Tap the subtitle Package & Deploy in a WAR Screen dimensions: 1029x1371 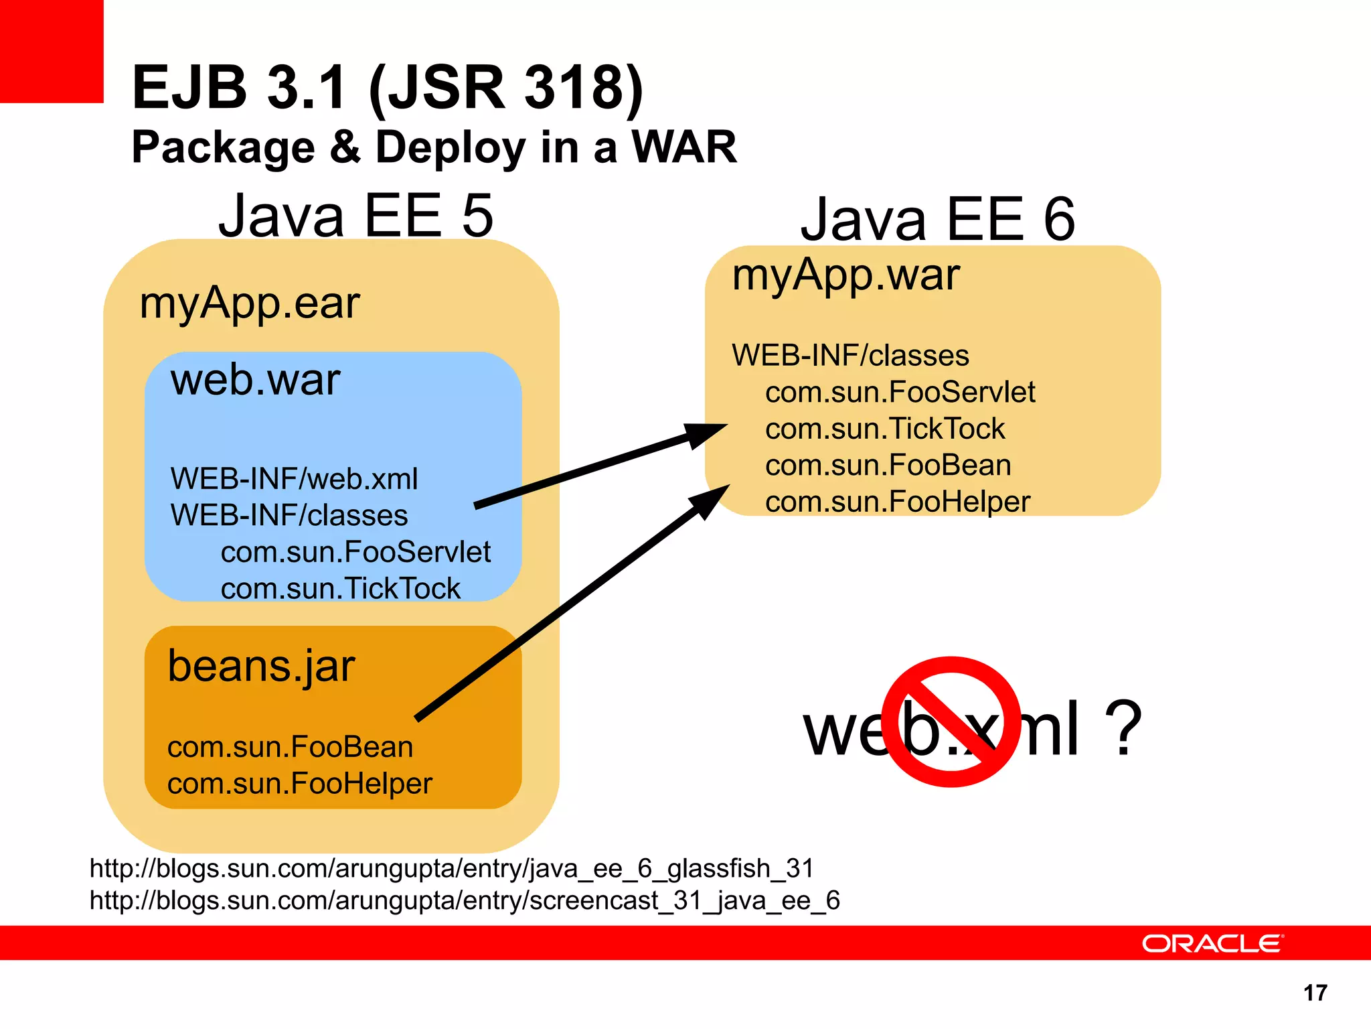click(434, 147)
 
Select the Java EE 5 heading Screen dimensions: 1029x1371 click(355, 216)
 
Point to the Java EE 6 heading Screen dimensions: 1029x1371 click(937, 220)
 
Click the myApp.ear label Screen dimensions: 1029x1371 click(249, 303)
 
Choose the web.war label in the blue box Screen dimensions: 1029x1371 click(255, 380)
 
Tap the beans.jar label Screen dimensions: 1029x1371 click(261, 667)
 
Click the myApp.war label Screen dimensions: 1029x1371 click(845, 275)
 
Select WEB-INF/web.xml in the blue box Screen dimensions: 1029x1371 click(294, 479)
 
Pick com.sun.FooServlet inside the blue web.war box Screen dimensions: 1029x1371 click(355, 552)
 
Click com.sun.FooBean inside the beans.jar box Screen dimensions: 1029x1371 click(290, 747)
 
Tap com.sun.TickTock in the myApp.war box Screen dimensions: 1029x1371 click(885, 429)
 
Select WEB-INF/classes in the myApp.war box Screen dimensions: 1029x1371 click(850, 356)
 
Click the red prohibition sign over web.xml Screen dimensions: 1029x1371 click(951, 722)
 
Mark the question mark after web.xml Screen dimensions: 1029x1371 click(1122, 728)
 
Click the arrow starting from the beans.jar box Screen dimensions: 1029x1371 click(569, 603)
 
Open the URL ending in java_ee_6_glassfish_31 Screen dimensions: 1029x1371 click(451, 869)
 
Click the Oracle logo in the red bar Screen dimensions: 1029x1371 click(1212, 943)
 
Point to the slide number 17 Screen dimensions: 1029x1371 click(1315, 993)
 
